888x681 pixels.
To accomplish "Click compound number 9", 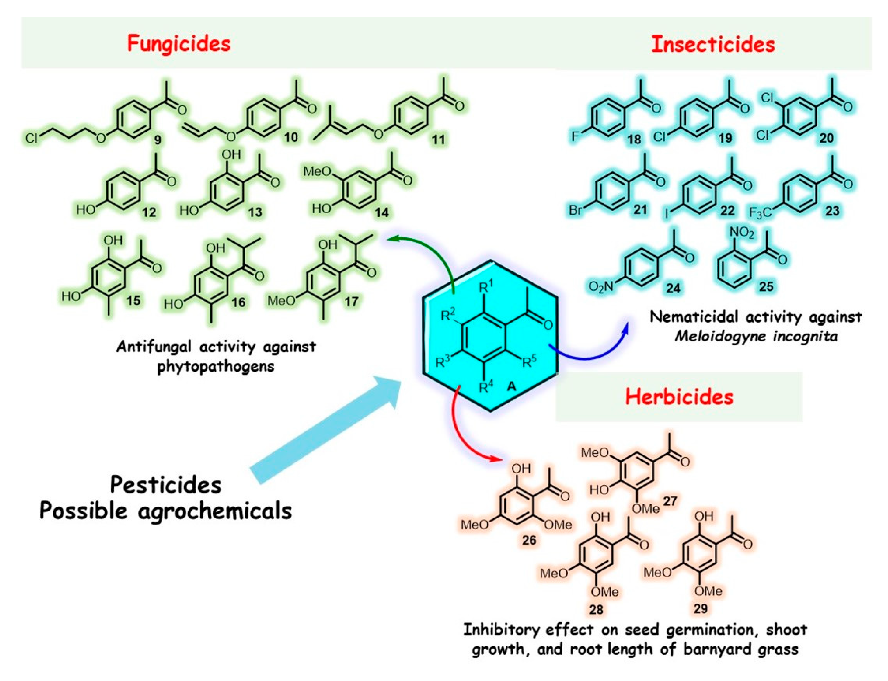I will (157, 140).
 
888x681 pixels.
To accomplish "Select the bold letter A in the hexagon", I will (512, 386).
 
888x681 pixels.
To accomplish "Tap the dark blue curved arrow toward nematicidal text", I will (588, 353).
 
